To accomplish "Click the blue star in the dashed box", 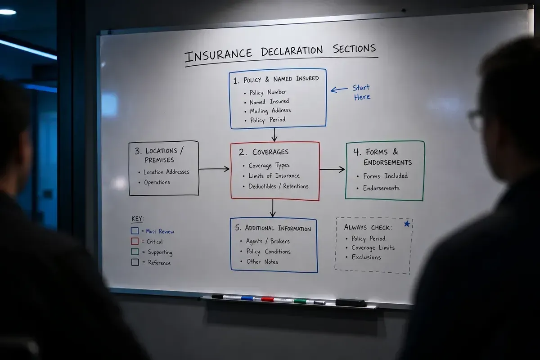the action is pos(407,224).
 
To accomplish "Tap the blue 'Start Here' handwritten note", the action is pos(361,92).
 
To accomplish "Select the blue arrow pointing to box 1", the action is pos(339,90).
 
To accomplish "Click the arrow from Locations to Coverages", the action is pos(214,169).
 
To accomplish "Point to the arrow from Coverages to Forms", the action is pos(332,170).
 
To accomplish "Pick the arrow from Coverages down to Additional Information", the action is pos(273,208).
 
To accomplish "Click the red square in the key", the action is pos(135,241).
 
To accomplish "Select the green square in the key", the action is pos(135,252).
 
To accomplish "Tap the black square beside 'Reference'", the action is pos(135,262).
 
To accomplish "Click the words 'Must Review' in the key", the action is pos(160,231).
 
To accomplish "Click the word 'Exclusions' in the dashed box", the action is pos(366,257).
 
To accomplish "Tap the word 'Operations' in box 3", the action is pos(157,182).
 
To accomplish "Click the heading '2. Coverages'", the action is pos(264,152).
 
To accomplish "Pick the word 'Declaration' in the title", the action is pos(292,51).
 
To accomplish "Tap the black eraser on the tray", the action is pos(351,302).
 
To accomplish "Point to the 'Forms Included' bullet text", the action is pos(386,176).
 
